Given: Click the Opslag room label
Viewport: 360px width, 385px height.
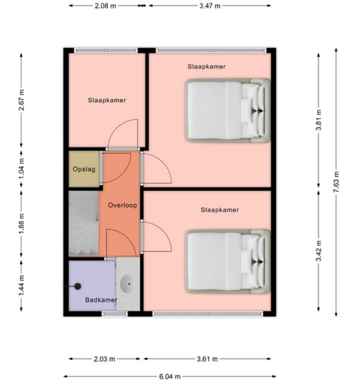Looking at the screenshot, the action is point(84,169).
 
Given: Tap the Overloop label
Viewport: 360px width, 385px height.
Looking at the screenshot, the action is point(122,205).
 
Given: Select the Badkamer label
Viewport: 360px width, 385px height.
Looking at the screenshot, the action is point(101,300).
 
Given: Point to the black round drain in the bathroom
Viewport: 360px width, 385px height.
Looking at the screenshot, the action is point(78,286).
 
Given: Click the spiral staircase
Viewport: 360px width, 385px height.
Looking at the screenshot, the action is point(83,223).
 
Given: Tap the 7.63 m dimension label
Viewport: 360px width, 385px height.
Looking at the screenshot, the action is point(337,182).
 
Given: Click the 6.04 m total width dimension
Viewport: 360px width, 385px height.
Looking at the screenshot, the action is point(170,376).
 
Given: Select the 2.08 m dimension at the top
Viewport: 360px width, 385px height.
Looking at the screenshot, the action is point(106,5).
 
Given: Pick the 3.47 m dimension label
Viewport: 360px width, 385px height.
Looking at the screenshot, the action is point(210,5).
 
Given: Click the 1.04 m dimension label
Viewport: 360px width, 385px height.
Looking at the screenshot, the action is point(22,169).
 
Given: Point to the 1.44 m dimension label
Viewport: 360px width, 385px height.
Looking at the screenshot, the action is point(22,285).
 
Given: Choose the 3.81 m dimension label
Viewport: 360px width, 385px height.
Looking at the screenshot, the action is point(319,120).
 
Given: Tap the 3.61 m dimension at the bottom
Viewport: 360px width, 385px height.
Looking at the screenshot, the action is point(207,359).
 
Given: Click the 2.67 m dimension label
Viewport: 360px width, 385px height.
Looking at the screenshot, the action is point(22,100).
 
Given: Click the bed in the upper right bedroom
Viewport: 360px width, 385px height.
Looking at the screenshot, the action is point(228,111).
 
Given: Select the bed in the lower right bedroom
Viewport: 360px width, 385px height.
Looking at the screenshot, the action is point(228,261).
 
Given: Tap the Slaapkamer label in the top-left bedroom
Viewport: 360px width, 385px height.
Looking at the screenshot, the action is point(107,100).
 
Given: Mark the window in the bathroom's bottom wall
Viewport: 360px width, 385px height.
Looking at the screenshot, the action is point(115,314).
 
